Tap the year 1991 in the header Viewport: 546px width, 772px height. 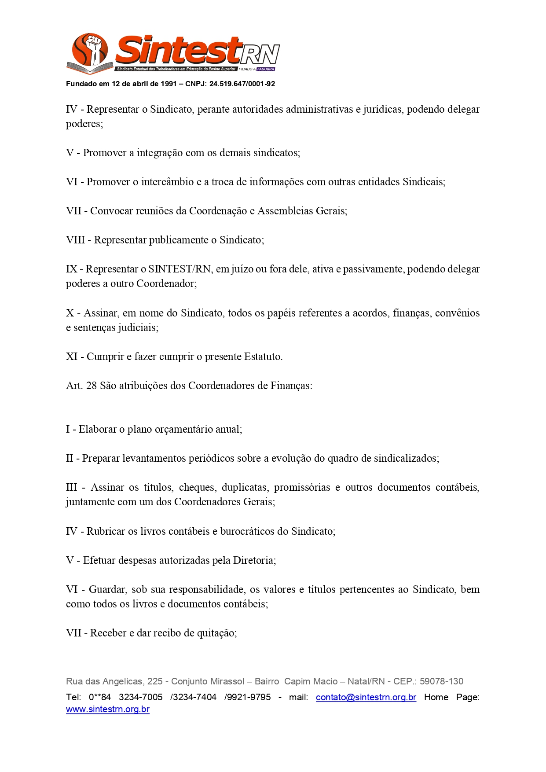tap(169, 84)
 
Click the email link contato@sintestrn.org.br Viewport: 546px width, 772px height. tap(366, 697)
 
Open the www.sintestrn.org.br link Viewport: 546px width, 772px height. tap(108, 710)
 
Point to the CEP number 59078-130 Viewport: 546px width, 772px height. tap(441, 681)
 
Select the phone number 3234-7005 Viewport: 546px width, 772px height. tap(140, 697)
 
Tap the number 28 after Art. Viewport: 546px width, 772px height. tap(92, 386)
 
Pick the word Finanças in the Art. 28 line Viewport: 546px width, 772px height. tap(291, 386)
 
